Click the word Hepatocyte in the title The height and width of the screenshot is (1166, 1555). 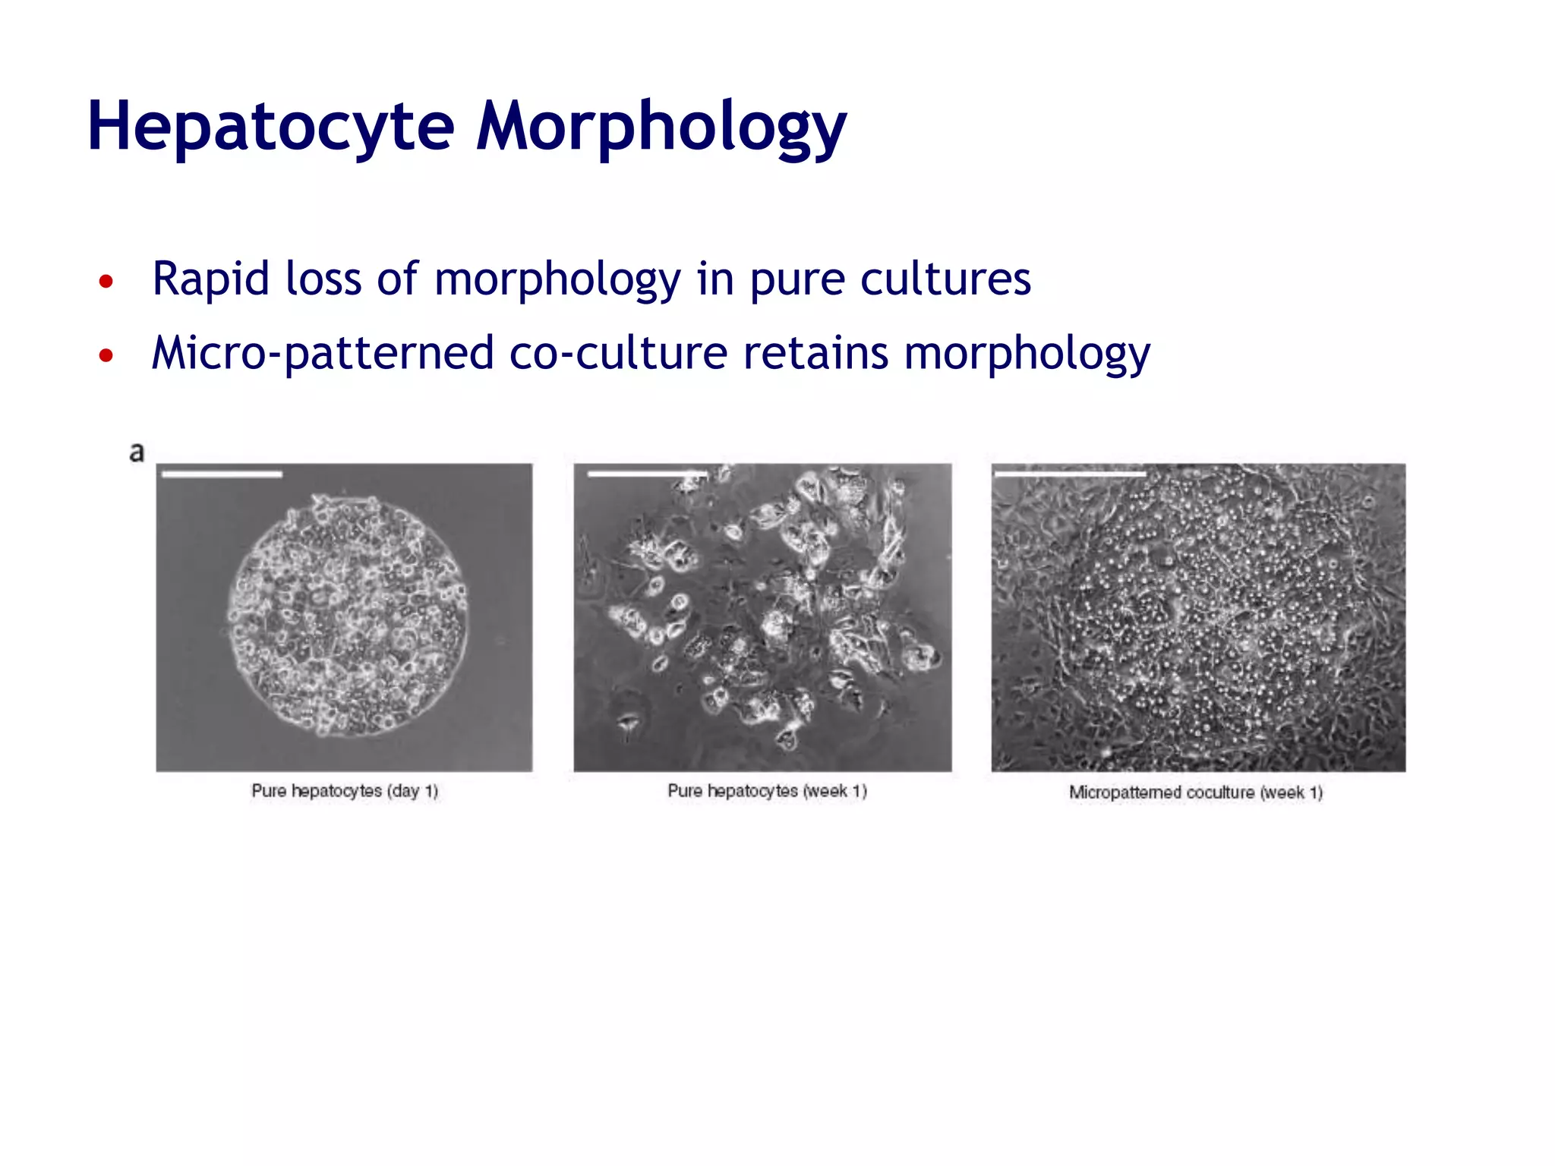pos(270,127)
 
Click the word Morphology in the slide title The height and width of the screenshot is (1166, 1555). pos(661,127)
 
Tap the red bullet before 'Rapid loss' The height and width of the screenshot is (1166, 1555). pos(106,282)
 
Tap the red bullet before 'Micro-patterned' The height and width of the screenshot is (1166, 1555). pos(106,355)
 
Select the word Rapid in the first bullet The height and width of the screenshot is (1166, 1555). pos(210,279)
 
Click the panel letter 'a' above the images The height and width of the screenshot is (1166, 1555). pos(137,452)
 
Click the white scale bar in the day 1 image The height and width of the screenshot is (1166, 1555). pos(222,474)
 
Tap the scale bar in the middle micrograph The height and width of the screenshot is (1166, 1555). pos(646,474)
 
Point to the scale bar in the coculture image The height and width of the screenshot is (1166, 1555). pos(1070,474)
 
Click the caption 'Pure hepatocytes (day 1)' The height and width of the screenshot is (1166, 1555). pos(345,791)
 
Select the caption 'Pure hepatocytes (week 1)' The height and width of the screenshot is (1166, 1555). pos(767,791)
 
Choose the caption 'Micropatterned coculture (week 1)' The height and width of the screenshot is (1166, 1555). pos(1196,793)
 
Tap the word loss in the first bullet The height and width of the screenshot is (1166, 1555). pos(323,279)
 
